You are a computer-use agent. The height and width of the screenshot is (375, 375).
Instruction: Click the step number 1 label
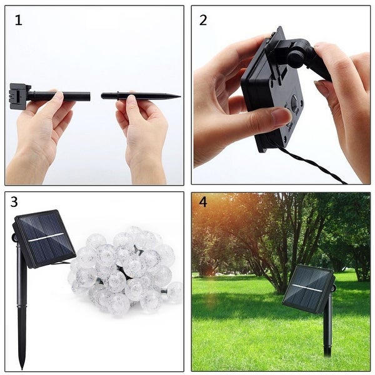(18, 20)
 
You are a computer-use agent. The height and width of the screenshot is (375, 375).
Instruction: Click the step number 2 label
(203, 20)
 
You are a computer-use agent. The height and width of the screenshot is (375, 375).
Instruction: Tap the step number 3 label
(14, 202)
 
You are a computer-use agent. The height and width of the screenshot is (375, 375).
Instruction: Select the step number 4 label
(202, 202)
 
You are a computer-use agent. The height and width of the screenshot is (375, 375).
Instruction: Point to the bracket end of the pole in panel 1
(19, 96)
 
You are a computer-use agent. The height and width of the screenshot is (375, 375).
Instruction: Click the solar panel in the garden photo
(307, 288)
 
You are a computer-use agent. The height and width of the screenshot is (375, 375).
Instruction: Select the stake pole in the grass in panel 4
(327, 331)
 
